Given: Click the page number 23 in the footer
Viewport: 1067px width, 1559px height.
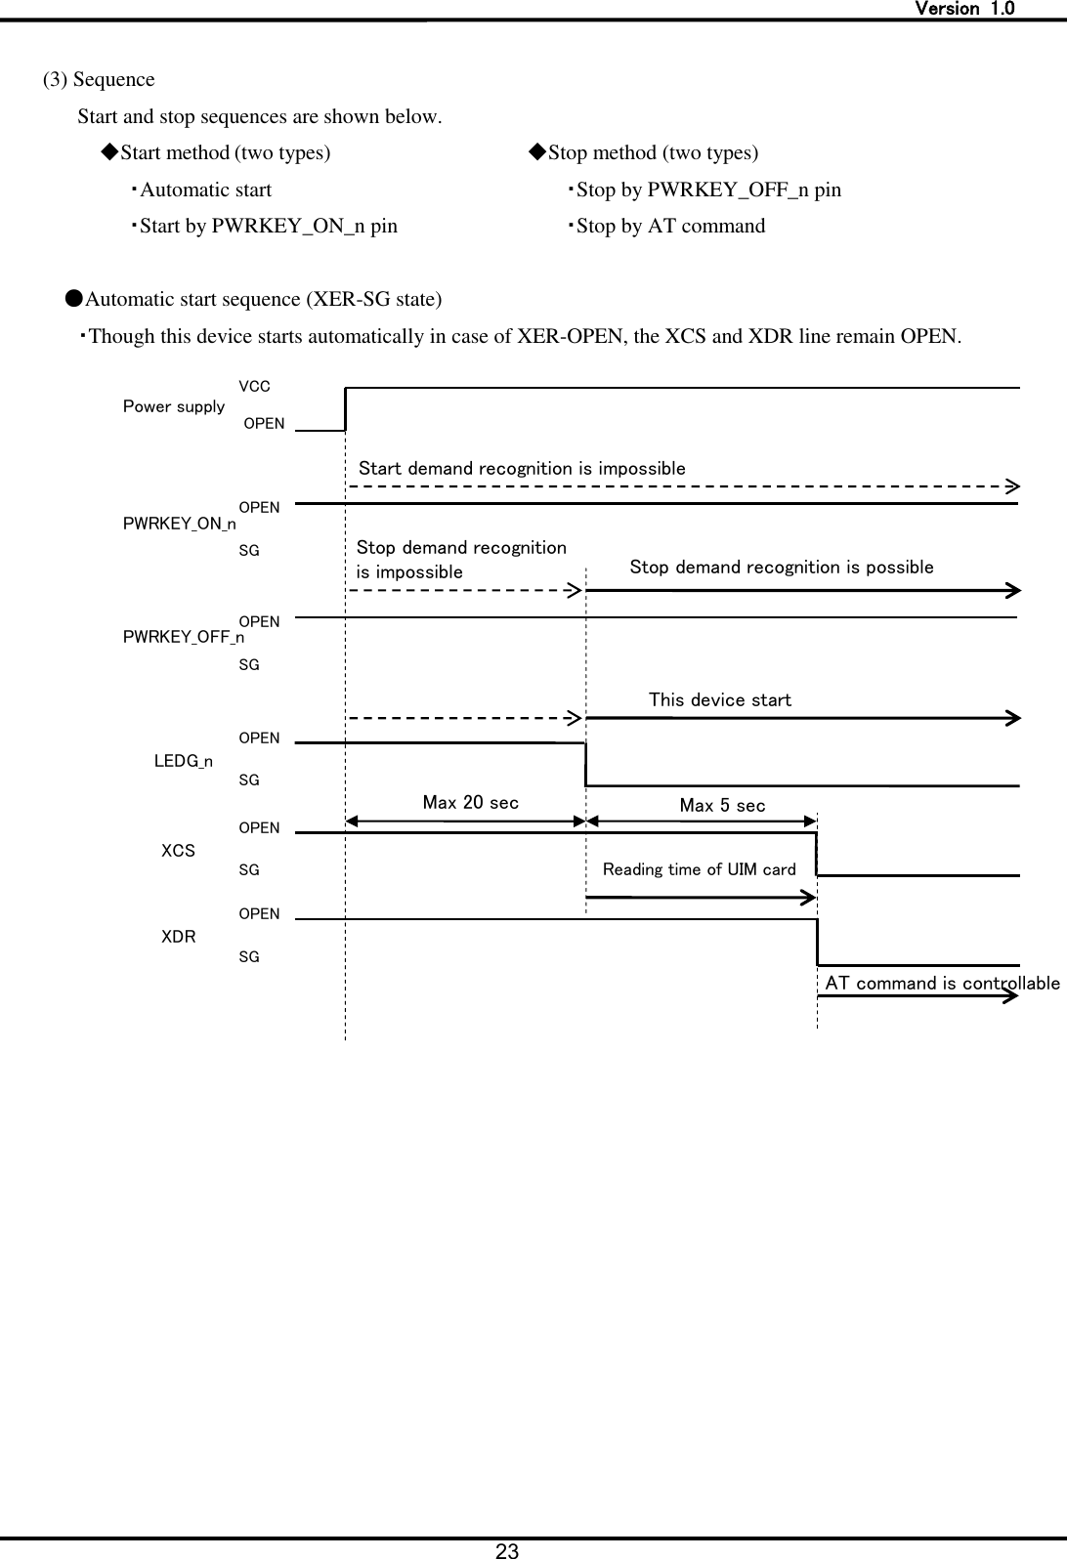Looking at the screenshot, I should pos(507,1549).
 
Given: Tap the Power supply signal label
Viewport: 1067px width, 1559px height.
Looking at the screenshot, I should pos(174,406).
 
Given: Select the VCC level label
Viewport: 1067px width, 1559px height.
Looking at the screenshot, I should pos(254,387).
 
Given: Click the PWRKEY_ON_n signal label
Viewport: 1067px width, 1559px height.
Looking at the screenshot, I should pos(179,525).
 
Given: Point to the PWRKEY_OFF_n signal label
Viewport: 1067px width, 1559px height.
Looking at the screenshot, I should pos(184,638).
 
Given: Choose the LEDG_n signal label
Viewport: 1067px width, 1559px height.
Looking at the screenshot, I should pos(184,761).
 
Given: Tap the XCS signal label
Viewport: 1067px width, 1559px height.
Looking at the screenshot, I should pos(178,851).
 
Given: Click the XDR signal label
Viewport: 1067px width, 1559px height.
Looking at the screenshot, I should pos(178,937).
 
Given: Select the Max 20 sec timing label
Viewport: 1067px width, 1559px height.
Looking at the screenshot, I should pos(470,803).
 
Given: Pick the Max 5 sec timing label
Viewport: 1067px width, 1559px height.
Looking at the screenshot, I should pos(722,806).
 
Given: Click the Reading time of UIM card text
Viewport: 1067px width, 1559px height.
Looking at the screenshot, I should pos(699,869).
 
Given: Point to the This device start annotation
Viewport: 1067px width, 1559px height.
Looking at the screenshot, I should pos(720,700).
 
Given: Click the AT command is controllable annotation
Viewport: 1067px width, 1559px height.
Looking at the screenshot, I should pos(942,984).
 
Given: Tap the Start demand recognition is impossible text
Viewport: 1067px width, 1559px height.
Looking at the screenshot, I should pos(522,469).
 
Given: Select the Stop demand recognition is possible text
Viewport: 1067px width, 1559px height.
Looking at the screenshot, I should pos(782,568).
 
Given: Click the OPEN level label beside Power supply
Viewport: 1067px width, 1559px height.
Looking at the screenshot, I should pos(264,424).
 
